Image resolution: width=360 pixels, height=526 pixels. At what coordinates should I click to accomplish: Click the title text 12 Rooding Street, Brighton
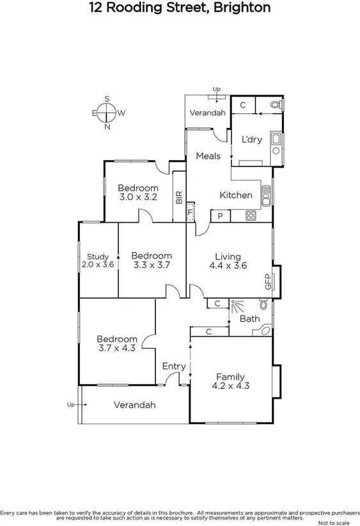(x=180, y=8)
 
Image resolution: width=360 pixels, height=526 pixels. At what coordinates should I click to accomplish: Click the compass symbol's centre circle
(x=107, y=113)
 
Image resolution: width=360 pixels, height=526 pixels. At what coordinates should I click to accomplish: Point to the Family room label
(x=230, y=376)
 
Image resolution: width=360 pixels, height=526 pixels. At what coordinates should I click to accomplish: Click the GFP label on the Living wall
(x=268, y=282)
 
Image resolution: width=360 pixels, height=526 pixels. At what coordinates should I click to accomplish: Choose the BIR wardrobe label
(x=178, y=197)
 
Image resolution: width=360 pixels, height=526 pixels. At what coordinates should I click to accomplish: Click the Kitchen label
(x=236, y=195)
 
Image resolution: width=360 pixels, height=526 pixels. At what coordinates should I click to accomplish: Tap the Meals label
(x=208, y=155)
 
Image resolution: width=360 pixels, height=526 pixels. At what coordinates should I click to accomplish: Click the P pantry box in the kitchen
(x=220, y=216)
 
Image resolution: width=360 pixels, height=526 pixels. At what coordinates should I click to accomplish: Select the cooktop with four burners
(x=251, y=216)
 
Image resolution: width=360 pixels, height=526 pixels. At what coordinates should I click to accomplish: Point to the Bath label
(x=249, y=318)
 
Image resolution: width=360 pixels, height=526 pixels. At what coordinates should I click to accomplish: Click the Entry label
(x=173, y=366)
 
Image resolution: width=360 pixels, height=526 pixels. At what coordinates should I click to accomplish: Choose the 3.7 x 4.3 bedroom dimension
(x=117, y=348)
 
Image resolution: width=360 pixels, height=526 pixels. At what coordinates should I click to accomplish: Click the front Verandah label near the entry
(x=134, y=405)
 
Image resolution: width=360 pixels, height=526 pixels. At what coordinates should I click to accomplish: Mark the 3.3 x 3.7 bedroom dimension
(x=152, y=264)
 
